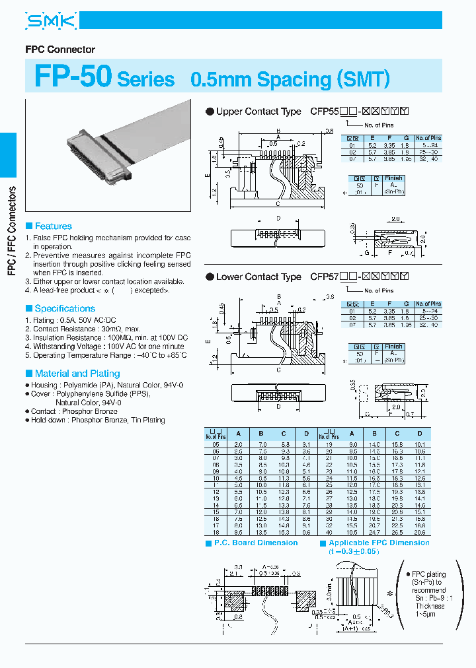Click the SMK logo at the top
click(52, 21)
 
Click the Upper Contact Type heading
click(258, 112)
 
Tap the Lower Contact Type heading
click(258, 277)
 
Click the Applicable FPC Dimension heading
click(379, 543)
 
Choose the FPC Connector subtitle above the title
click(60, 50)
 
